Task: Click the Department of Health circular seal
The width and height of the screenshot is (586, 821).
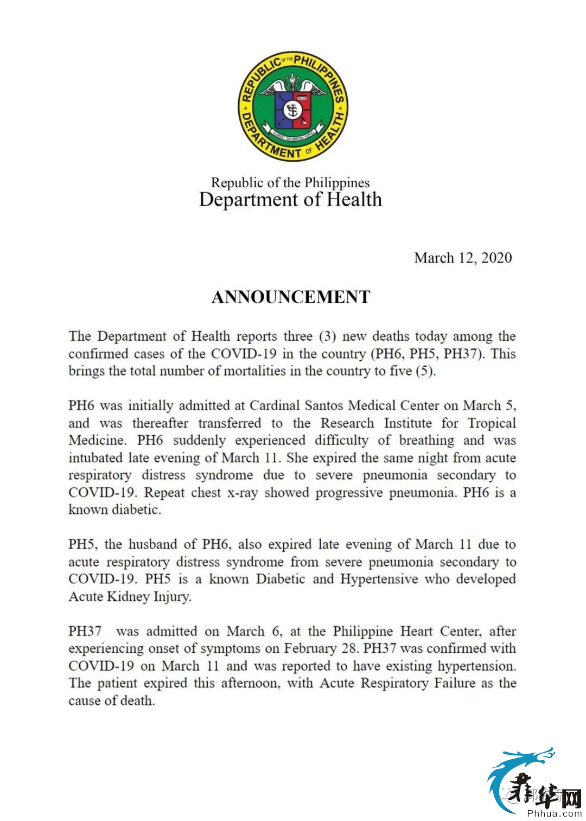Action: click(293, 107)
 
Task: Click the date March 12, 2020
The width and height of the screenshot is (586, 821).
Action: click(463, 258)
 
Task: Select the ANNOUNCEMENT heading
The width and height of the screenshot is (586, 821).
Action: click(291, 297)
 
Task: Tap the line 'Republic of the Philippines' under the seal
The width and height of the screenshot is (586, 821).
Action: click(290, 182)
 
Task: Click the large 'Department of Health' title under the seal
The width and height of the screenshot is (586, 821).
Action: click(290, 200)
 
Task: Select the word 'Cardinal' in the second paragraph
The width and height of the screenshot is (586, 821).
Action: click(275, 406)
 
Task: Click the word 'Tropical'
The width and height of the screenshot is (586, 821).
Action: click(492, 423)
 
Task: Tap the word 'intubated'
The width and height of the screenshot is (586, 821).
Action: click(95, 458)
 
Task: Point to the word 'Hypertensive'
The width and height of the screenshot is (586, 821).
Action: click(379, 579)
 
